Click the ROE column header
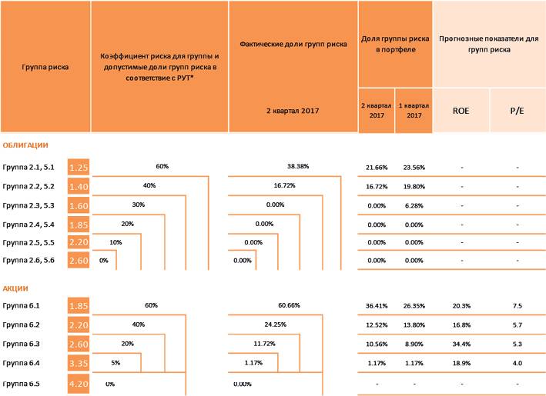pos(461,111)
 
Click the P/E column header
pos(517,111)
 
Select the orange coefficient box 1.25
pos(79,167)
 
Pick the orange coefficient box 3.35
pos(79,362)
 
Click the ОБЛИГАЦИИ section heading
pos(25,145)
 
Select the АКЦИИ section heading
pos(15,288)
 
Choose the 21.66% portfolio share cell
pos(377,167)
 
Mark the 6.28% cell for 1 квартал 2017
pos(414,205)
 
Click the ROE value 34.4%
pos(461,344)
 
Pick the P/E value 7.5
pos(517,306)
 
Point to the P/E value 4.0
pos(517,362)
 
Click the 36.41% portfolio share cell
pos(377,306)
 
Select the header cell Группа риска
pos(45,67)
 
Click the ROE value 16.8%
pos(461,324)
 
